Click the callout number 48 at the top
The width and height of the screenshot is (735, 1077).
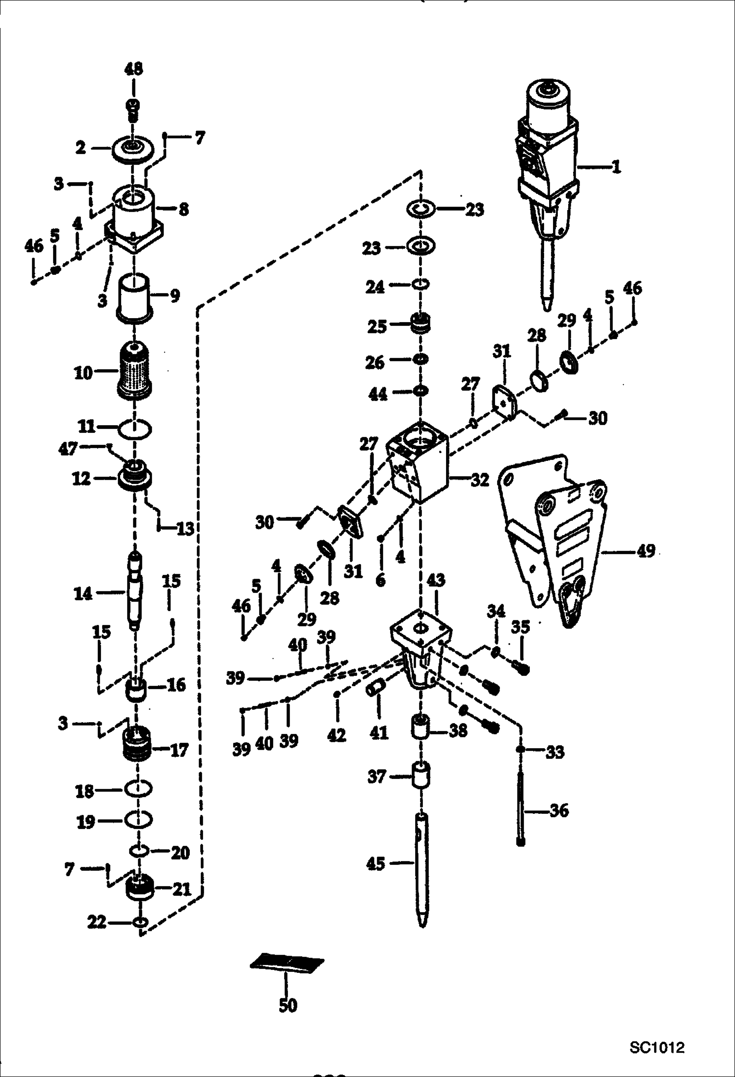(133, 69)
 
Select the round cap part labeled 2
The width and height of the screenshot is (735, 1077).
(132, 149)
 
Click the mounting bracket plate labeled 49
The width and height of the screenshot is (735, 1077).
(554, 540)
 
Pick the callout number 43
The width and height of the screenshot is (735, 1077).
(436, 580)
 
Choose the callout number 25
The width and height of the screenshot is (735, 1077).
(377, 326)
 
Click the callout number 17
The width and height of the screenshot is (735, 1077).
(179, 750)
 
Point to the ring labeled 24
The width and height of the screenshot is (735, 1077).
(420, 284)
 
